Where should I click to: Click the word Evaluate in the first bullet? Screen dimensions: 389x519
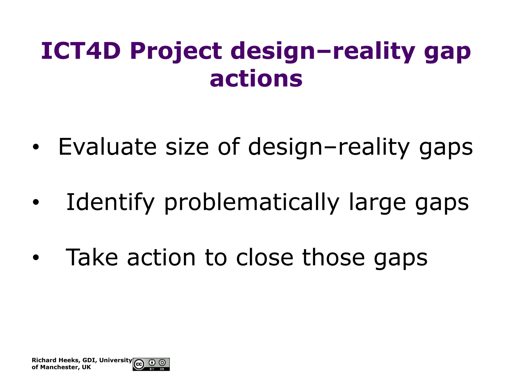[107, 147]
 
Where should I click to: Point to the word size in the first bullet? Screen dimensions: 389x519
[187, 147]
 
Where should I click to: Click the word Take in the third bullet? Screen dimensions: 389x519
[92, 257]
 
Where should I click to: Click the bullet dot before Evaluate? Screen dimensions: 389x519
[36, 147]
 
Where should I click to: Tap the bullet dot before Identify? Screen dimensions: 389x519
[36, 202]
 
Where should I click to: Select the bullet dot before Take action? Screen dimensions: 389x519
[36, 257]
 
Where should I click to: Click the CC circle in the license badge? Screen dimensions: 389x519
[139, 364]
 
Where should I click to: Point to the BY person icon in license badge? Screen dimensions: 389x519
[152, 363]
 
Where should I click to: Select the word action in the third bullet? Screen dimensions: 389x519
[161, 257]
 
